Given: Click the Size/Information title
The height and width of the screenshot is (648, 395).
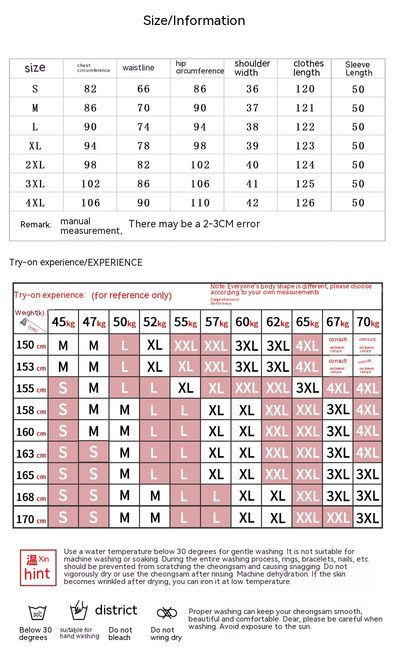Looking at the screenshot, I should (x=194, y=20).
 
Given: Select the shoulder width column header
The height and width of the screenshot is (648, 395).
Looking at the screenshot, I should (x=252, y=68).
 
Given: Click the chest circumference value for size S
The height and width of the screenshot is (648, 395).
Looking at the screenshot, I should (x=90, y=89).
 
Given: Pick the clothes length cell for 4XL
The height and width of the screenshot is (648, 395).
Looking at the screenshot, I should (x=305, y=203).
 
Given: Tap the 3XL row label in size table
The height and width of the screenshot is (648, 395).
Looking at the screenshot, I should (x=35, y=184).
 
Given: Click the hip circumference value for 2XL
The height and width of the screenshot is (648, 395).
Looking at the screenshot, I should (x=200, y=165).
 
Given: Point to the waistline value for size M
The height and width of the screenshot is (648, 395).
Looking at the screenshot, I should (x=143, y=108).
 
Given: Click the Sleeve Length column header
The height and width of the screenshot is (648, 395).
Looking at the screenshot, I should (x=358, y=68).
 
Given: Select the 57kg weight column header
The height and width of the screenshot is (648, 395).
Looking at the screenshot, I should (x=216, y=322).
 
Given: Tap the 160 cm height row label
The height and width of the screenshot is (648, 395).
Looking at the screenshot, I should (x=30, y=432).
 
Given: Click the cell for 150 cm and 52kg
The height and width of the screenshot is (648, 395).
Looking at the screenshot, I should (x=155, y=345).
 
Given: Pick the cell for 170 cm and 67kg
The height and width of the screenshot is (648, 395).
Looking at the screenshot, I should (x=338, y=518).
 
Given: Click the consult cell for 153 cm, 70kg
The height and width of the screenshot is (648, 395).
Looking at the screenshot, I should (x=367, y=366).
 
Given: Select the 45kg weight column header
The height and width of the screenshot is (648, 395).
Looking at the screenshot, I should (x=63, y=322).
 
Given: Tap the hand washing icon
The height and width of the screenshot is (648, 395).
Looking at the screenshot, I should (x=78, y=611).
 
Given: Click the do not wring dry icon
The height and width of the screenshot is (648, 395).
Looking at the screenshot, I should (x=166, y=613).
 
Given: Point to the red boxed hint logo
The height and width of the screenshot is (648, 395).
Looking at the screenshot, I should (x=38, y=568).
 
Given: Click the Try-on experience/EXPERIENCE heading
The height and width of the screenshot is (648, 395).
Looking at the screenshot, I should (x=75, y=262).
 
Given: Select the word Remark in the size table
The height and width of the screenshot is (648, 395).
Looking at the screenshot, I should (x=36, y=225).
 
